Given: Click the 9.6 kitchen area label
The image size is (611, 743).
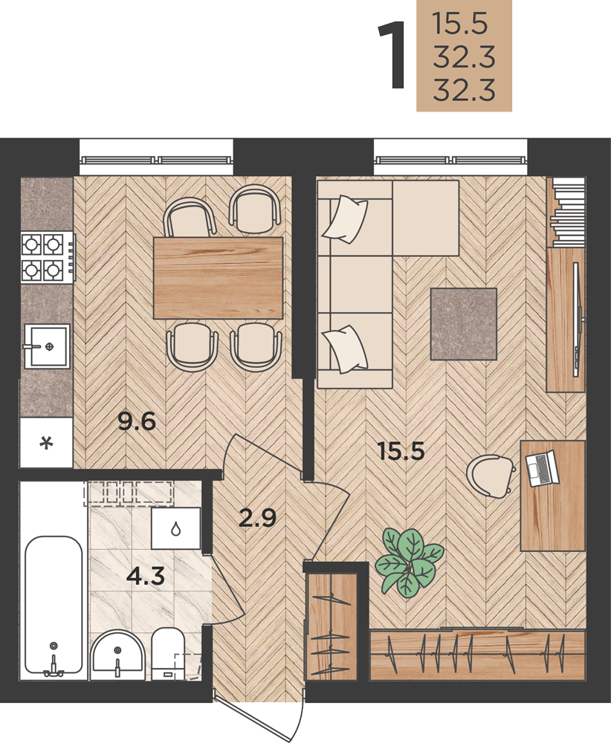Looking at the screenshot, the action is [137, 421].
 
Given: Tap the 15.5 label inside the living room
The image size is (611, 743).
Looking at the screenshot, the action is [401, 451].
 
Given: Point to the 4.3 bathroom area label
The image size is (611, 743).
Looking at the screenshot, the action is [146, 576].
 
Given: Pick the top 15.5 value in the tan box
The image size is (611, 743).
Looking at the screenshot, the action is [460, 25].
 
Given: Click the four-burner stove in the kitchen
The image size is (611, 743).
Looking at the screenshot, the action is [48, 257].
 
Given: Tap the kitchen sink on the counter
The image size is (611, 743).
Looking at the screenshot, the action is [47, 346].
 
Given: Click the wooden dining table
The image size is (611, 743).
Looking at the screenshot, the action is [218, 278].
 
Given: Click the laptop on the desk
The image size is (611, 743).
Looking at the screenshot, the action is [543, 468].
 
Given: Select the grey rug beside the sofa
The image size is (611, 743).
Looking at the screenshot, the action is [464, 324].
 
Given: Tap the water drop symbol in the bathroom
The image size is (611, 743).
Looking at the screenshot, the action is [176, 528].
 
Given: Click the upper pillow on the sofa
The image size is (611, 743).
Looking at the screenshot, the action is [345, 219].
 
